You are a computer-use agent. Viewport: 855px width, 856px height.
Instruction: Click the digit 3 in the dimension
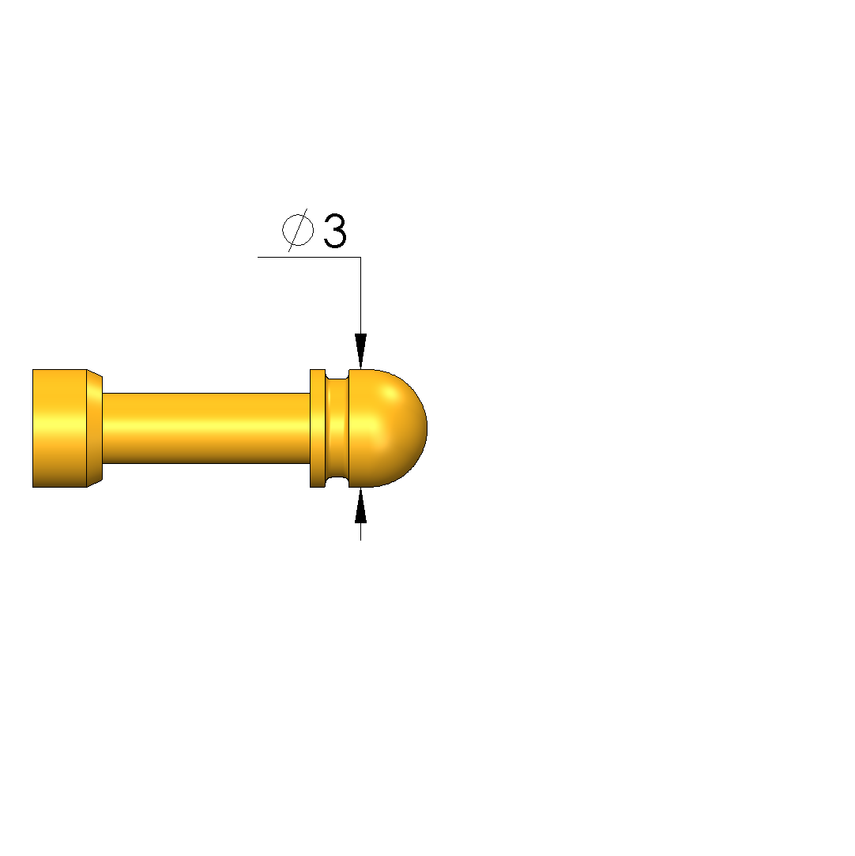click(335, 231)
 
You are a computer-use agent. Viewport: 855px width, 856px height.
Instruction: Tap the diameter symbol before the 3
click(298, 230)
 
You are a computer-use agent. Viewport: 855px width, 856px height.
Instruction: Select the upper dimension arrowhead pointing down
click(360, 351)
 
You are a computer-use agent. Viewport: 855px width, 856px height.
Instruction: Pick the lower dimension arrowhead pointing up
click(360, 506)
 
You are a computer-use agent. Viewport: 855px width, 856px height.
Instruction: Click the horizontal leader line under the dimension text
click(310, 257)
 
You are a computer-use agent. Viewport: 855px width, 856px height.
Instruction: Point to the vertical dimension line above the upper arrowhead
click(360, 296)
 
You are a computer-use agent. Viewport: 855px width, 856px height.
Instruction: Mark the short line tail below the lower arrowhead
click(360, 532)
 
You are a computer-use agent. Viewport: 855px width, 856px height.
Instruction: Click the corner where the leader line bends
click(360, 257)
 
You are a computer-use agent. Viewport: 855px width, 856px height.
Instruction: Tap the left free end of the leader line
click(258, 257)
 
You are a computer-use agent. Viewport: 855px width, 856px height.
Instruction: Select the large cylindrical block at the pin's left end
click(59, 428)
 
